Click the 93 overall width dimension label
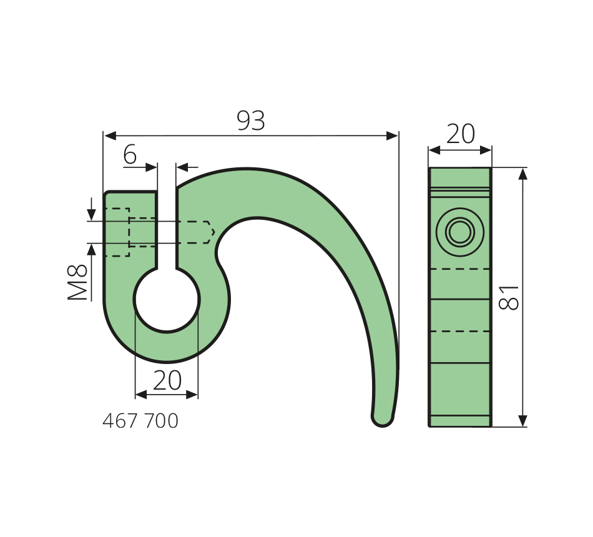[251, 121]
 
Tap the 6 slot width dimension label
[130, 155]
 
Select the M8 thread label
[77, 282]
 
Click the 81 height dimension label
[509, 297]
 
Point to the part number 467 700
[140, 421]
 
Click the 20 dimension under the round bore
[167, 380]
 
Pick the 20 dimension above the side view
[460, 134]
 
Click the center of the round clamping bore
[167, 299]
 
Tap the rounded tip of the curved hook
[383, 418]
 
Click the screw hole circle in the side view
[460, 232]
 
